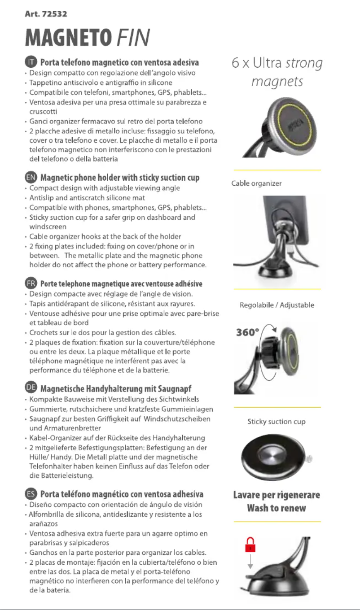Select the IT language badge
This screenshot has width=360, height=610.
click(x=31, y=62)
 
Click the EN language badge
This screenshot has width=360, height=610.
click(x=31, y=178)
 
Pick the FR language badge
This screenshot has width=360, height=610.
click(x=31, y=284)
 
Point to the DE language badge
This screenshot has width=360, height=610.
click(x=31, y=388)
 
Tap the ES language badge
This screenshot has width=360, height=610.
click(x=31, y=494)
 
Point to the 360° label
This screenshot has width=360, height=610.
click(x=247, y=333)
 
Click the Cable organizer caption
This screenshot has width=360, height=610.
click(x=256, y=183)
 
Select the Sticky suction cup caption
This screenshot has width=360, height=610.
click(x=276, y=422)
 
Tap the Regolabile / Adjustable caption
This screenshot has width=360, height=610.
click(x=277, y=305)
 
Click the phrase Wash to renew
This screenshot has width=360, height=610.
click(x=277, y=508)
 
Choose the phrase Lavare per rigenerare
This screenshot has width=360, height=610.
click(x=277, y=495)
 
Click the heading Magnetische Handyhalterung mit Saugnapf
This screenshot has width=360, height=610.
click(x=116, y=388)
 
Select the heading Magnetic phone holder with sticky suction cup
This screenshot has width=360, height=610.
click(x=119, y=178)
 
